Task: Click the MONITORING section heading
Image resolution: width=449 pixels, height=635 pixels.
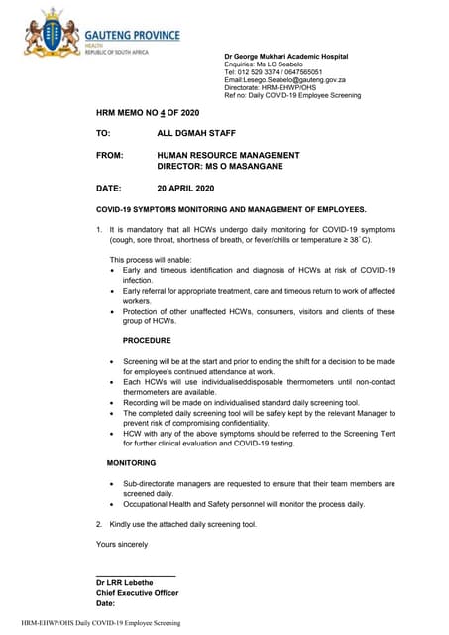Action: pos(131,464)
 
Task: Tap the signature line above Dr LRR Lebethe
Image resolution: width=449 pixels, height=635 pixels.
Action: pos(136,575)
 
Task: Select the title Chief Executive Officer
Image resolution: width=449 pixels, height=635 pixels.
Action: pos(137,593)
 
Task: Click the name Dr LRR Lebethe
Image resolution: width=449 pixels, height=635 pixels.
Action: pos(127,583)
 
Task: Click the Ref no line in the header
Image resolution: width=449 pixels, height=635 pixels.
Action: pos(292,96)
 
